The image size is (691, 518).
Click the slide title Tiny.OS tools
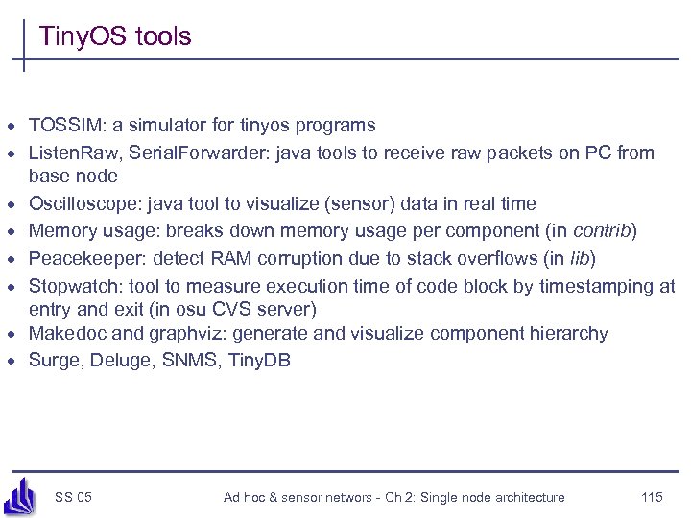pyautogui.click(x=115, y=37)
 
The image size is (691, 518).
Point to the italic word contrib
pyautogui.click(x=603, y=231)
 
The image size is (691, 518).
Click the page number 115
pyautogui.click(x=652, y=497)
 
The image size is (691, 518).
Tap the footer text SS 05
pyautogui.click(x=74, y=497)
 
